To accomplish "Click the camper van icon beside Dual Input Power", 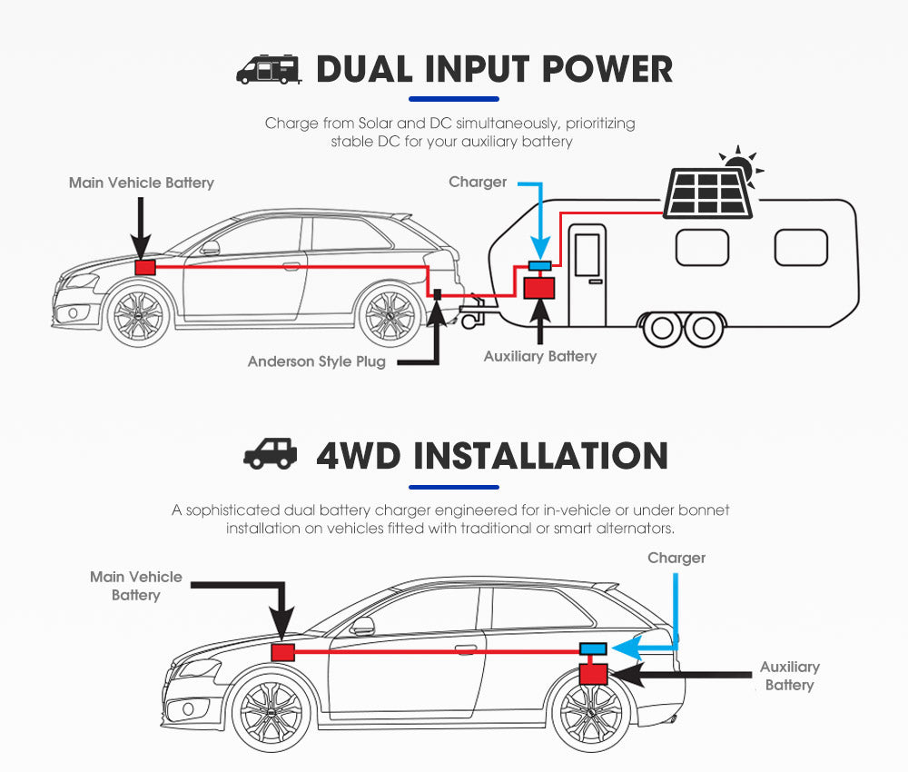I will (268, 70).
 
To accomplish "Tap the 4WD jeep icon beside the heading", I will (271, 453).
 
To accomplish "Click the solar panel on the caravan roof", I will (708, 193).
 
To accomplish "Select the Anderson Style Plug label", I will (316, 361).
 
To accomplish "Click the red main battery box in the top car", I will (144, 268).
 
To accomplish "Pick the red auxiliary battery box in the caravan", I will (540, 288).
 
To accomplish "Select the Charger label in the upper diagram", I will (478, 182).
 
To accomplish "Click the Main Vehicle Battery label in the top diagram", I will (141, 183).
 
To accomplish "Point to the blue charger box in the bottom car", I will (594, 648).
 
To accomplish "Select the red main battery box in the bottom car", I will (283, 652).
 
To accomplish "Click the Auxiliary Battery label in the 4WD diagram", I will (789, 676).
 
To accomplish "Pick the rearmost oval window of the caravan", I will (800, 247).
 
